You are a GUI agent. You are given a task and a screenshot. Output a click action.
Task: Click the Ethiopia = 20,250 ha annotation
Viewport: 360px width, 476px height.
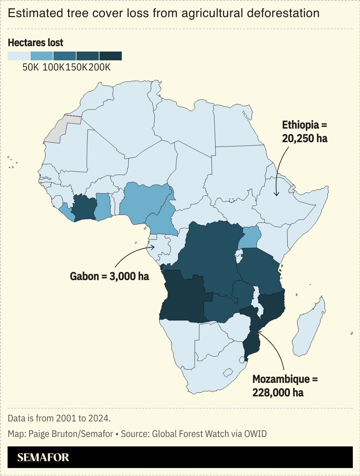click(304, 132)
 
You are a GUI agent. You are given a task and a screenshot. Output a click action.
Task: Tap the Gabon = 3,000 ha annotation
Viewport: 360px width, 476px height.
click(109, 276)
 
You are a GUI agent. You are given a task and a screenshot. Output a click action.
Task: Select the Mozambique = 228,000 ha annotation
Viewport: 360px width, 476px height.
click(285, 386)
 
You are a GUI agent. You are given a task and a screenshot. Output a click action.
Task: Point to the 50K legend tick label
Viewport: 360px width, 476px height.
click(30, 67)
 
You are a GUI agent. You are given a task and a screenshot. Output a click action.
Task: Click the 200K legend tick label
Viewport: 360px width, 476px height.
click(99, 67)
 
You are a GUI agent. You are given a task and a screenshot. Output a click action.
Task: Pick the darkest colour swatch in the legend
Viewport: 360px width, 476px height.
click(111, 56)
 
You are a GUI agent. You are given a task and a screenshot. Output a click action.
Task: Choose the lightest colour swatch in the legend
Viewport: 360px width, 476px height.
click(19, 56)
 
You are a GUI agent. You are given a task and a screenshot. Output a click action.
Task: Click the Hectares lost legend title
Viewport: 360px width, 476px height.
click(35, 43)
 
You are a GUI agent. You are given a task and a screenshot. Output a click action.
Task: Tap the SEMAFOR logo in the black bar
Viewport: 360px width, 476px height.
click(43, 457)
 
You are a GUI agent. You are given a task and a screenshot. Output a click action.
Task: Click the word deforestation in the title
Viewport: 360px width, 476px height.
click(283, 13)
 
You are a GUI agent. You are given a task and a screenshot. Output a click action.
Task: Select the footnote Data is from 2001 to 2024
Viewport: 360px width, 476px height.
click(59, 418)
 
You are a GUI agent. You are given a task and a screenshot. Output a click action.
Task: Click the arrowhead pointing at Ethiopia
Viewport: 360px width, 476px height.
click(276, 195)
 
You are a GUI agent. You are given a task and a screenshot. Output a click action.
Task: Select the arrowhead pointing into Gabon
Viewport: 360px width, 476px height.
click(153, 247)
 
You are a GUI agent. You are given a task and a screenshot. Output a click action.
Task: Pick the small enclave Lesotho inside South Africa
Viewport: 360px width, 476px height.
click(228, 372)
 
